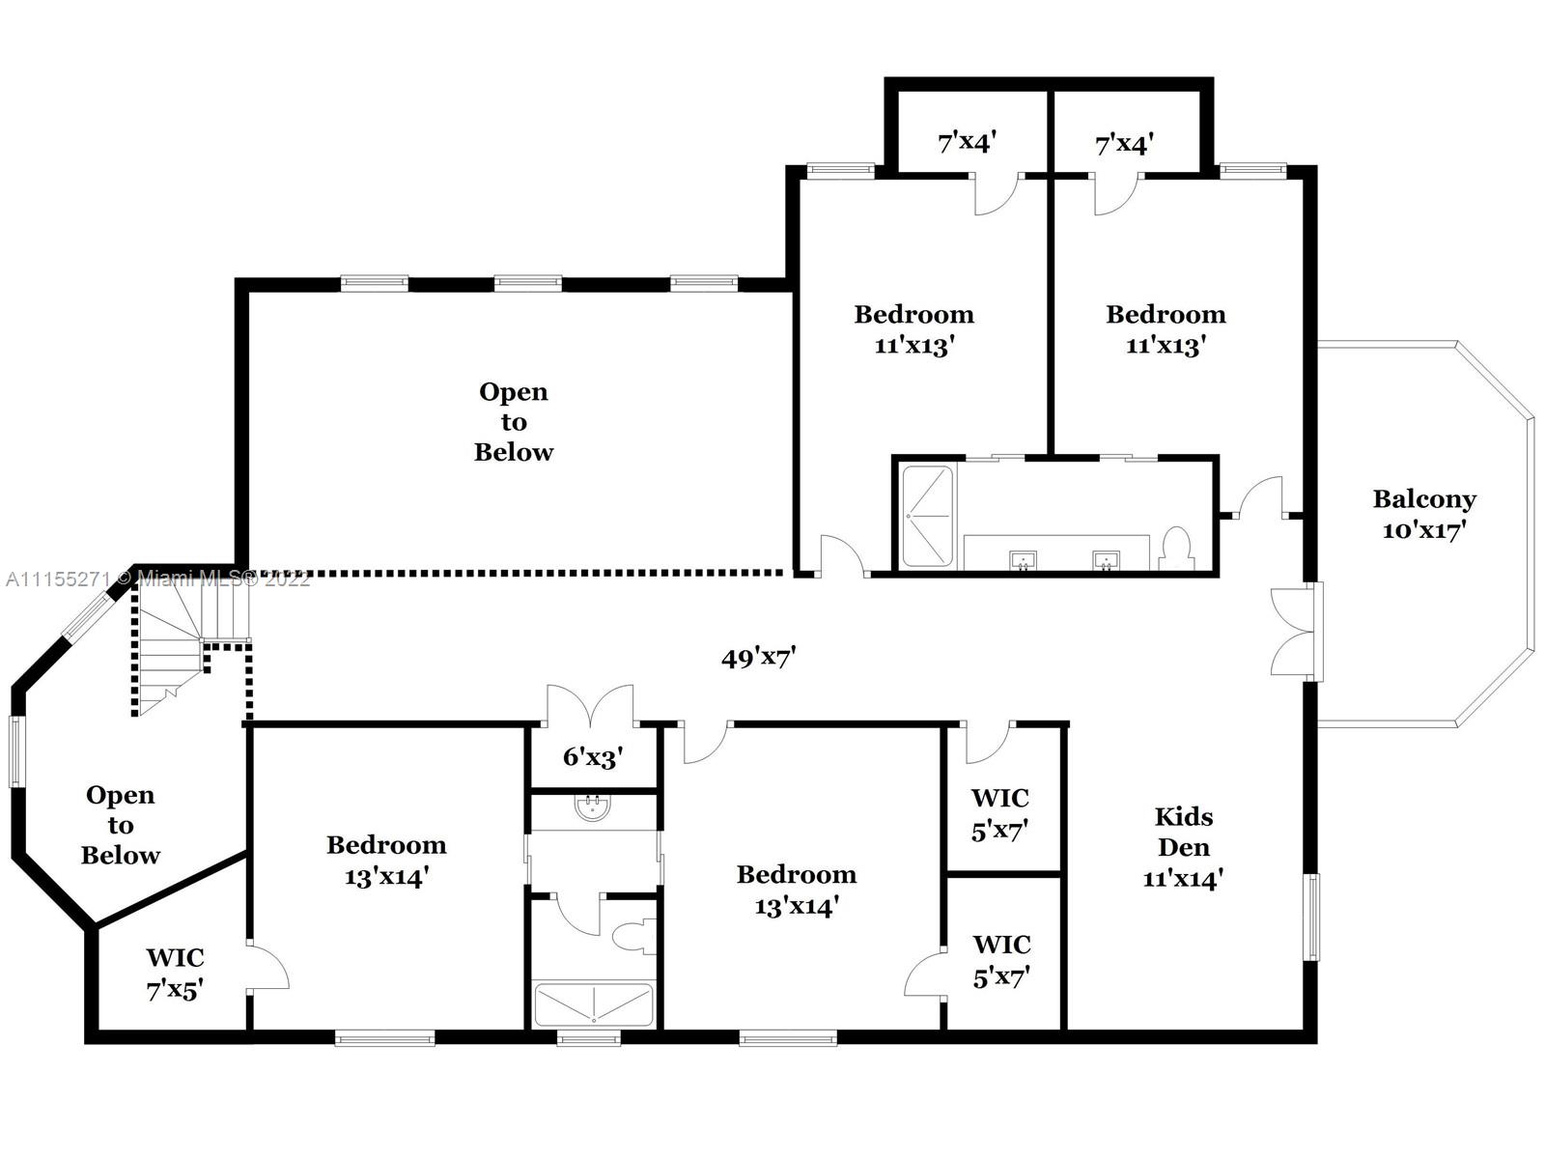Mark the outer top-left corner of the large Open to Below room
click(235, 279)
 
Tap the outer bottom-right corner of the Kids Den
click(1316, 1043)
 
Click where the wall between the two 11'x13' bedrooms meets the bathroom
click(1051, 458)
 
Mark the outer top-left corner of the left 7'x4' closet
click(885, 78)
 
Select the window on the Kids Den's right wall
click(1313, 917)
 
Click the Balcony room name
click(1424, 499)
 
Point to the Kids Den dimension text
click(1183, 878)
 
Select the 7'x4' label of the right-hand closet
click(1124, 144)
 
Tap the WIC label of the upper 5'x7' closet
click(1000, 798)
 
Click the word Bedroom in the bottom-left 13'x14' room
click(386, 844)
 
